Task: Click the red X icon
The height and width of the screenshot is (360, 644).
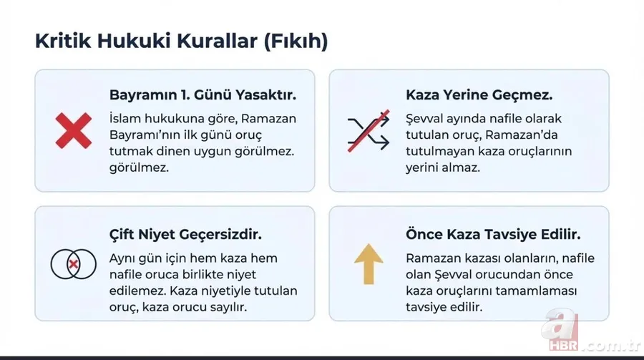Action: coord(73,130)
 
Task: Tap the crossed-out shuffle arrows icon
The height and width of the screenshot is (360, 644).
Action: coord(368,130)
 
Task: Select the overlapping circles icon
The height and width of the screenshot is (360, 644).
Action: coord(73,264)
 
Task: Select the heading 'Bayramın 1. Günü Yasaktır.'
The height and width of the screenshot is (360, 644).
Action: coord(203,95)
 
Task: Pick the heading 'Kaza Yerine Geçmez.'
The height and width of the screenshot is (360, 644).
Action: coord(479,95)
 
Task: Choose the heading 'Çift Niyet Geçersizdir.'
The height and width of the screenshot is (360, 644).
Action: coord(185,234)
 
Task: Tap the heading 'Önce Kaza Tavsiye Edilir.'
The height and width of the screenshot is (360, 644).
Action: coord(492,234)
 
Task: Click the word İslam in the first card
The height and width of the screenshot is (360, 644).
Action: coord(126,118)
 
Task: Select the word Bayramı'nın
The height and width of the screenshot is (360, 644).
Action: coord(145,135)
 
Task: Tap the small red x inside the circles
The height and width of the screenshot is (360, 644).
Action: coord(73,265)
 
